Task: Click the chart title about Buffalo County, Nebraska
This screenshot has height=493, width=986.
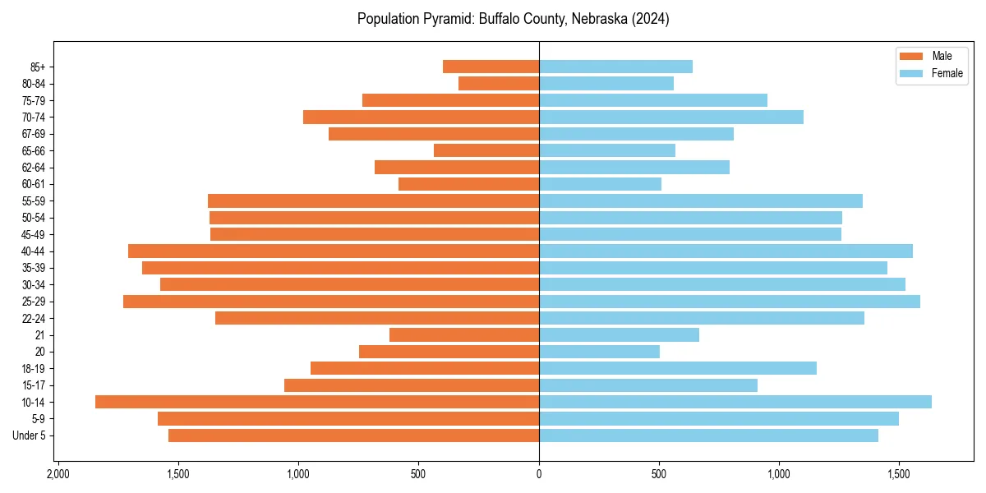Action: [513, 19]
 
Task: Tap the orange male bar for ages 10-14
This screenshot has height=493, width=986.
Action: [317, 402]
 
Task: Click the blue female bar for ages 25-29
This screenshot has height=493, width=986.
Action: [730, 302]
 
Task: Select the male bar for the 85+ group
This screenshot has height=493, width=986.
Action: [491, 67]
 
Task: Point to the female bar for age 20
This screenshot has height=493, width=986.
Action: [599, 352]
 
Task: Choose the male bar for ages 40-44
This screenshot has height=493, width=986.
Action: [334, 251]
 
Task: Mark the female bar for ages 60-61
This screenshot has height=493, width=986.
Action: [600, 184]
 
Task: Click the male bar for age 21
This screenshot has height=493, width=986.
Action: [464, 334]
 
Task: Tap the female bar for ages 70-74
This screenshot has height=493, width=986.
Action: [671, 117]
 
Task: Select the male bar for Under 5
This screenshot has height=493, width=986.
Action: [353, 435]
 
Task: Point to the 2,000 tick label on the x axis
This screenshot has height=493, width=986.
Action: [58, 474]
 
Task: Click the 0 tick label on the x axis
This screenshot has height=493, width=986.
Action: [539, 474]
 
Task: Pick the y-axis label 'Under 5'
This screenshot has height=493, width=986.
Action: [29, 435]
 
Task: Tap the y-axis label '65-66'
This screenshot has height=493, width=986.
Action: [34, 150]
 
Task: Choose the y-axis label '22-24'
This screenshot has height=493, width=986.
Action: [34, 318]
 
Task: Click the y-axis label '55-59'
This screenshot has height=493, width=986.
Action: [34, 200]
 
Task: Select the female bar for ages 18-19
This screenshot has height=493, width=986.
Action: [678, 368]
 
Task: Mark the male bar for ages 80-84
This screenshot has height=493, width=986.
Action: [499, 83]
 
